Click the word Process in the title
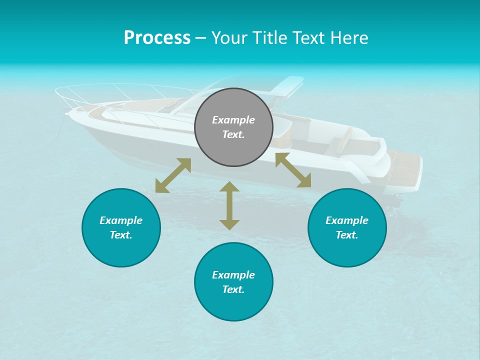pos(157,38)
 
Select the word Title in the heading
pos(270,38)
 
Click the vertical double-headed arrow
pos(229,205)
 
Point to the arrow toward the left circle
pos(173,175)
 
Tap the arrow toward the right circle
pos(293,170)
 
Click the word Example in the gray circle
pos(233,120)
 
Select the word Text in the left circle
pos(121,235)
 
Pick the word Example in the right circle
pos(347,220)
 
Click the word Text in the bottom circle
pos(233,289)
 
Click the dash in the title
pos(200,38)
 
